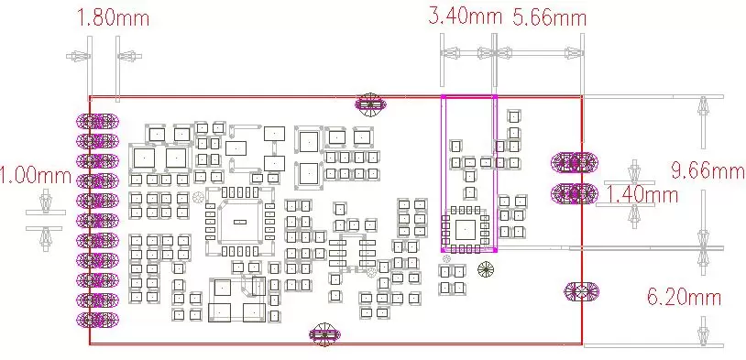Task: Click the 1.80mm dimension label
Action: point(113,18)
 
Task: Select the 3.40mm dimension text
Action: point(466,16)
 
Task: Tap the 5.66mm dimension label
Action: point(550,17)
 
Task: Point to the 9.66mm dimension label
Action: point(708,170)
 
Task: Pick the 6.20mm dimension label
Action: point(685,298)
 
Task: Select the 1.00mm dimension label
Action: point(35,177)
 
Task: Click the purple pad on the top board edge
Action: point(370,104)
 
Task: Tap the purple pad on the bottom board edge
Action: point(325,334)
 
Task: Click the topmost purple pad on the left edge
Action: point(97,121)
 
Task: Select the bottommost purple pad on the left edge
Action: point(97,319)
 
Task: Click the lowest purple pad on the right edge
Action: point(581,291)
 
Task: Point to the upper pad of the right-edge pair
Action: point(575,163)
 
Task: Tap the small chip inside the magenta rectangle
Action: point(465,230)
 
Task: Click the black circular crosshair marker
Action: point(486,270)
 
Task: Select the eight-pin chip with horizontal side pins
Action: point(352,253)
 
